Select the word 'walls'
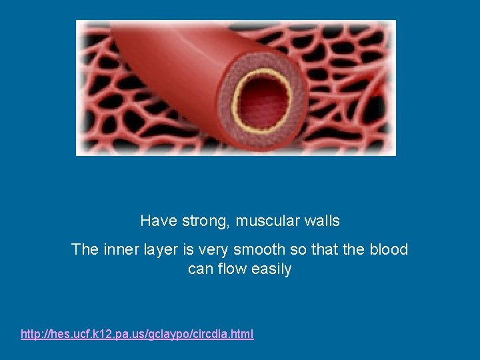pyautogui.click(x=321, y=221)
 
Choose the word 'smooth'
pyautogui.click(x=262, y=250)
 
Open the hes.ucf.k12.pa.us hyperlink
pyautogui.click(x=137, y=334)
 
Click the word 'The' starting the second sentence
pyautogui.click(x=85, y=250)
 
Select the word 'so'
pyautogui.click(x=298, y=250)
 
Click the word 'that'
pyautogui.click(x=325, y=250)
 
